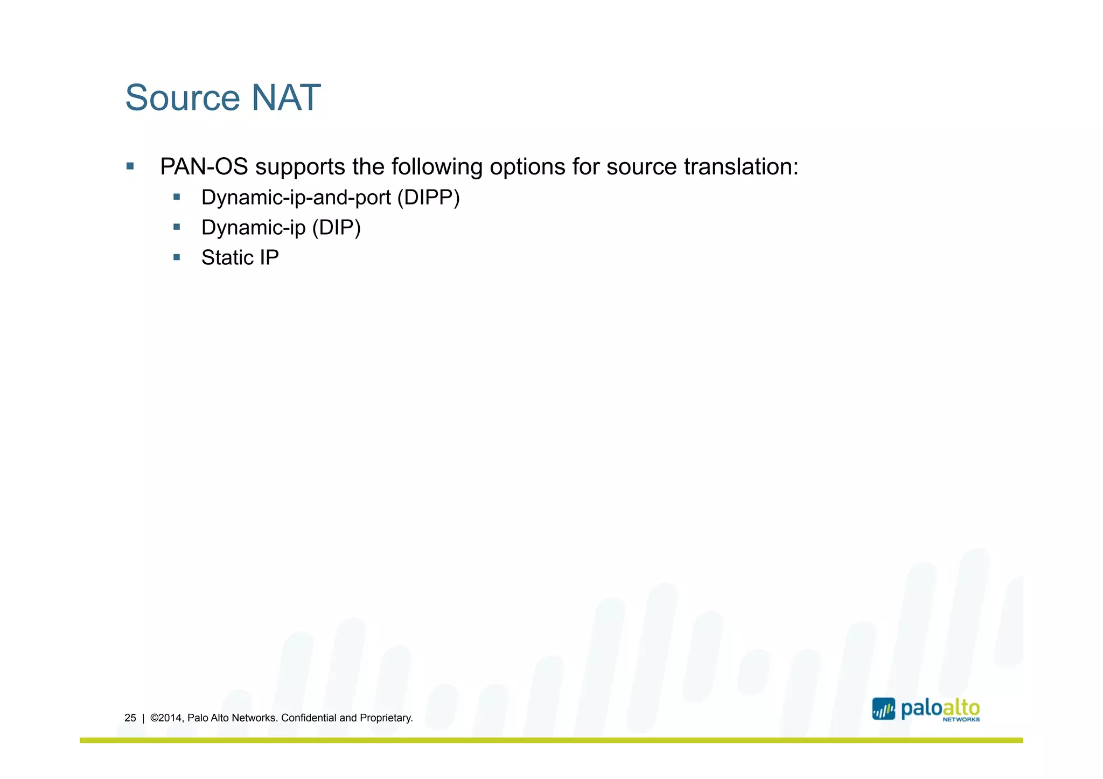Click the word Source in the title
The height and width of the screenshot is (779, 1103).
[x=182, y=98]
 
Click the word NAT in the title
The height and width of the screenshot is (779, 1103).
[x=285, y=98]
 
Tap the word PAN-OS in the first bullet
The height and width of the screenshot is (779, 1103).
[x=204, y=167]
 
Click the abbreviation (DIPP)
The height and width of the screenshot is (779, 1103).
[x=428, y=198]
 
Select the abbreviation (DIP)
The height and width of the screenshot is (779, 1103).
[x=336, y=228]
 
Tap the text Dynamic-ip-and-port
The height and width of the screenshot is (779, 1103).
[x=296, y=198]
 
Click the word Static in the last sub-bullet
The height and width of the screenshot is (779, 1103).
[x=227, y=258]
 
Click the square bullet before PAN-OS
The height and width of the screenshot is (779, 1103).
[x=130, y=166]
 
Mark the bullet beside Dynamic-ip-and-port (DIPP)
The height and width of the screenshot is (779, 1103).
[x=176, y=198]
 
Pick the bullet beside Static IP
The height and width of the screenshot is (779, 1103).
[x=176, y=257]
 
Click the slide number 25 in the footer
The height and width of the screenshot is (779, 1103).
[x=130, y=718]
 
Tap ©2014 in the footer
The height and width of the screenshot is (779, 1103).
[x=166, y=718]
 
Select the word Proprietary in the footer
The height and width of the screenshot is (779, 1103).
[x=386, y=718]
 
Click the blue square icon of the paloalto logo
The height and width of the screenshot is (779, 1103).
[x=883, y=709]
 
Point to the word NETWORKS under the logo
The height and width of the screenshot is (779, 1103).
[x=961, y=719]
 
